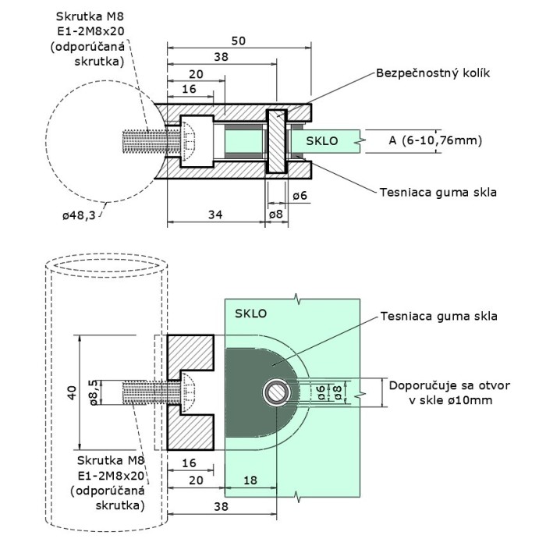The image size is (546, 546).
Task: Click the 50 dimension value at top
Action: point(239,41)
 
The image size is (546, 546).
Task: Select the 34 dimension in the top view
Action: point(215,214)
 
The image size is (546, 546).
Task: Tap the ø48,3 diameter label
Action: point(79,215)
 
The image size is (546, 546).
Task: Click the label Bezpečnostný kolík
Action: point(433,73)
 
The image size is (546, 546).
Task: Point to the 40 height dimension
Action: point(72,393)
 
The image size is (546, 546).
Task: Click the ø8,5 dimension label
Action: point(94,393)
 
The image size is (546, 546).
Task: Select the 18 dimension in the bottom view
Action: point(250,480)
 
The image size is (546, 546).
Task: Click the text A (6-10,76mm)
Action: point(435,140)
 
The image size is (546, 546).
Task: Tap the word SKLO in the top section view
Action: point(321,141)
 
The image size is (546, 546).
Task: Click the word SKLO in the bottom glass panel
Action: point(250,314)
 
